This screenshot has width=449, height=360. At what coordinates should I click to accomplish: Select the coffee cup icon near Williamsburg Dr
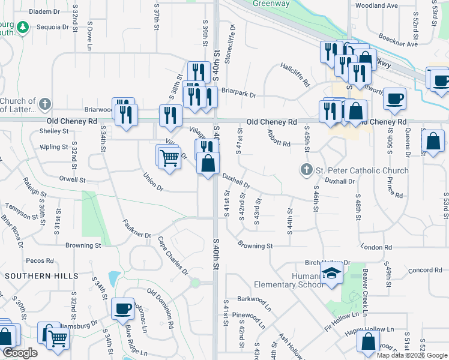pos(123,309)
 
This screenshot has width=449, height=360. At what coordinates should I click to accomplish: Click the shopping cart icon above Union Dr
pos(169,158)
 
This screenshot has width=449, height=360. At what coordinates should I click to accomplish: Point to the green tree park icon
pos(23,27)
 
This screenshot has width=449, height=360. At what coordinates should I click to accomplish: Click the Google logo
pos(20,353)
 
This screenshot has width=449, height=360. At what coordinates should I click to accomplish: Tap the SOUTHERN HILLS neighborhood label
pos(41,276)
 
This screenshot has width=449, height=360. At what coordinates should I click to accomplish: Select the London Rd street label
pos(377,247)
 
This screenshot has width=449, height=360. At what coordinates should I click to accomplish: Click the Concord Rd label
pos(425,271)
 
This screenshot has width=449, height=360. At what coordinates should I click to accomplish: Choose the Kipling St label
pos(54,146)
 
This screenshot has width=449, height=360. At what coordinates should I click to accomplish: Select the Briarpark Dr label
pos(238,95)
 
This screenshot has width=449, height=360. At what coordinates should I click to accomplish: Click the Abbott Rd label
pos(279,139)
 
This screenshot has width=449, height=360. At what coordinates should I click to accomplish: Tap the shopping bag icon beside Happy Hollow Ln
pos(368,341)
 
